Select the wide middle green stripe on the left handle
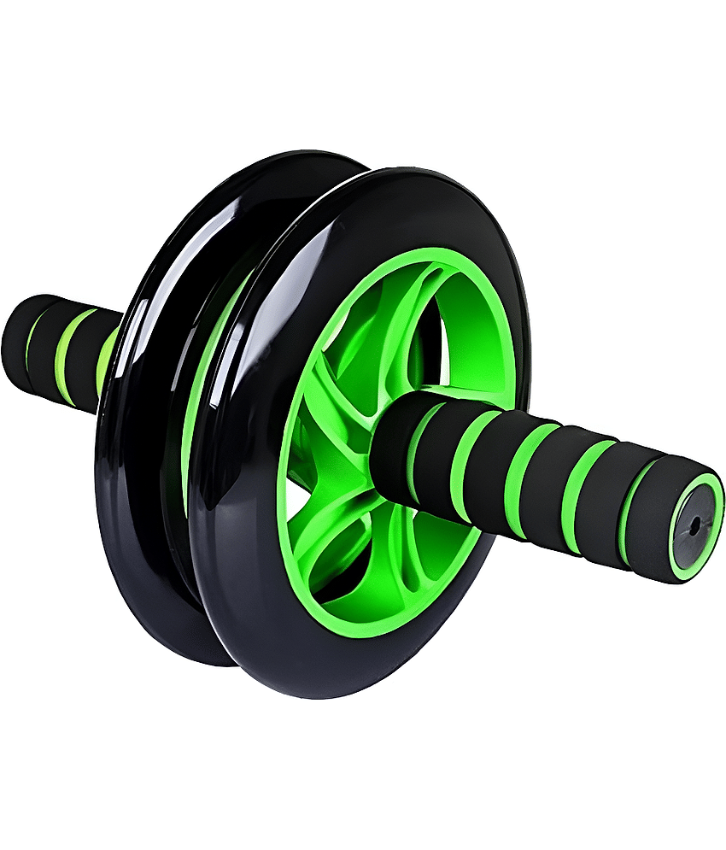65,355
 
